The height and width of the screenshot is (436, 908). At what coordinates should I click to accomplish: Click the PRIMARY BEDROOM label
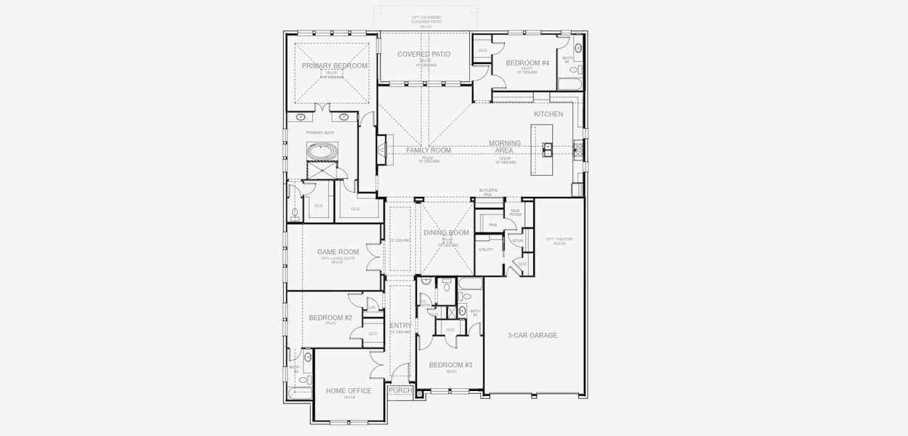pyautogui.click(x=335, y=65)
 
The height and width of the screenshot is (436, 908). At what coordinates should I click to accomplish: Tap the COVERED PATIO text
pyautogui.click(x=423, y=54)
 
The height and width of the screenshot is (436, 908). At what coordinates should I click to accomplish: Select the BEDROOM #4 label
pyautogui.click(x=528, y=63)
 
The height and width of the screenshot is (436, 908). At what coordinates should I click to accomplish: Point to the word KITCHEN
pyautogui.click(x=548, y=114)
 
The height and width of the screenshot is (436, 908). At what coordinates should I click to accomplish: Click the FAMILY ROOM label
pyautogui.click(x=429, y=150)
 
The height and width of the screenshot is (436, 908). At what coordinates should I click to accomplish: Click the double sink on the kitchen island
pyautogui.click(x=549, y=149)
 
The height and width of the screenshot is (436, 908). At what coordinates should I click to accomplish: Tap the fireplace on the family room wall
pyautogui.click(x=382, y=150)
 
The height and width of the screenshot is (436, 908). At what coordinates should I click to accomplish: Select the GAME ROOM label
pyautogui.click(x=338, y=252)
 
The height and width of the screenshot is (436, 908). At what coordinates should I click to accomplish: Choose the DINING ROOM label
pyautogui.click(x=447, y=233)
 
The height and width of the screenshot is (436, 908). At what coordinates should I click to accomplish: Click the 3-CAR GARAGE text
pyautogui.click(x=532, y=335)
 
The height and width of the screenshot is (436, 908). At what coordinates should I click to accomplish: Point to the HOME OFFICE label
pyautogui.click(x=349, y=391)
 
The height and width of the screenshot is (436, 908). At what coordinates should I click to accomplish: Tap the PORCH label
pyautogui.click(x=400, y=390)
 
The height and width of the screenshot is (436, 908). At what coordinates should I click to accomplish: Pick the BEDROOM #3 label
pyautogui.click(x=450, y=365)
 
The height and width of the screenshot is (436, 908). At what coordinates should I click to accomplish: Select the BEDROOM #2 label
pyautogui.click(x=331, y=318)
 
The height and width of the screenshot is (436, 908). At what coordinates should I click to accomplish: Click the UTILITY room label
pyautogui.click(x=485, y=249)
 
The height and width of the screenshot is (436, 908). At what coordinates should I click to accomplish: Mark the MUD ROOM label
pyautogui.click(x=515, y=212)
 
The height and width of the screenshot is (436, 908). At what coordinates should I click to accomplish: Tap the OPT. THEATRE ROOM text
pyautogui.click(x=555, y=241)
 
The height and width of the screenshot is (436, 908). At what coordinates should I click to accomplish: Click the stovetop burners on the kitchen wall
pyautogui.click(x=578, y=149)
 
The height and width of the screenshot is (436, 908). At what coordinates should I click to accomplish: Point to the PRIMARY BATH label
pyautogui.click(x=320, y=132)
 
